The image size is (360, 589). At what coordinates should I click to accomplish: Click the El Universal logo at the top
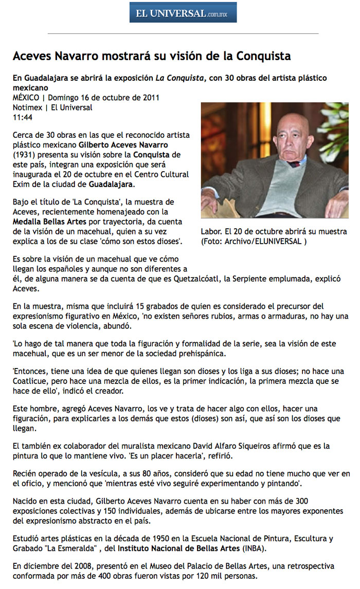click(183, 13)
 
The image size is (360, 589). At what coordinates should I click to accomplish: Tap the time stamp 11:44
click(23, 117)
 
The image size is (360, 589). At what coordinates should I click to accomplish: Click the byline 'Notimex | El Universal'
click(52, 107)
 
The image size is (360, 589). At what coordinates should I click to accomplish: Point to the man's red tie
click(294, 164)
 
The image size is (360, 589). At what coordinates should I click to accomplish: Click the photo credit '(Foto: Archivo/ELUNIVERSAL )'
click(254, 241)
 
